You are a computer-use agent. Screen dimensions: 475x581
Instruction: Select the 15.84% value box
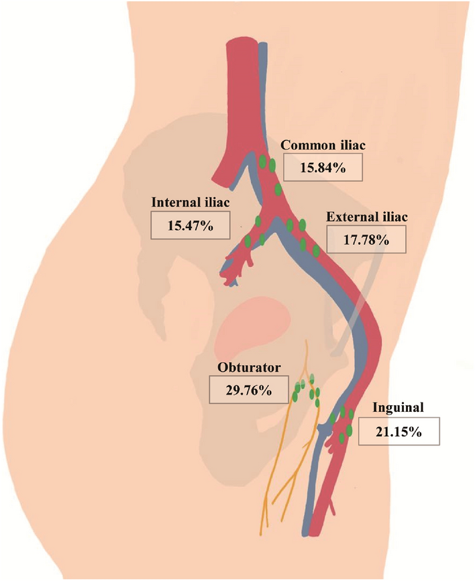323,167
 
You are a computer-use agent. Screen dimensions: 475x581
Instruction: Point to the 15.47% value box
190,225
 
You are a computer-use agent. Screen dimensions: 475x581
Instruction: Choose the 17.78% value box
366,239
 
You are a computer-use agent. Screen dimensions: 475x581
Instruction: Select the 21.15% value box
399,431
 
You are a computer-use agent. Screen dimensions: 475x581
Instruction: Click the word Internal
174,203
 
